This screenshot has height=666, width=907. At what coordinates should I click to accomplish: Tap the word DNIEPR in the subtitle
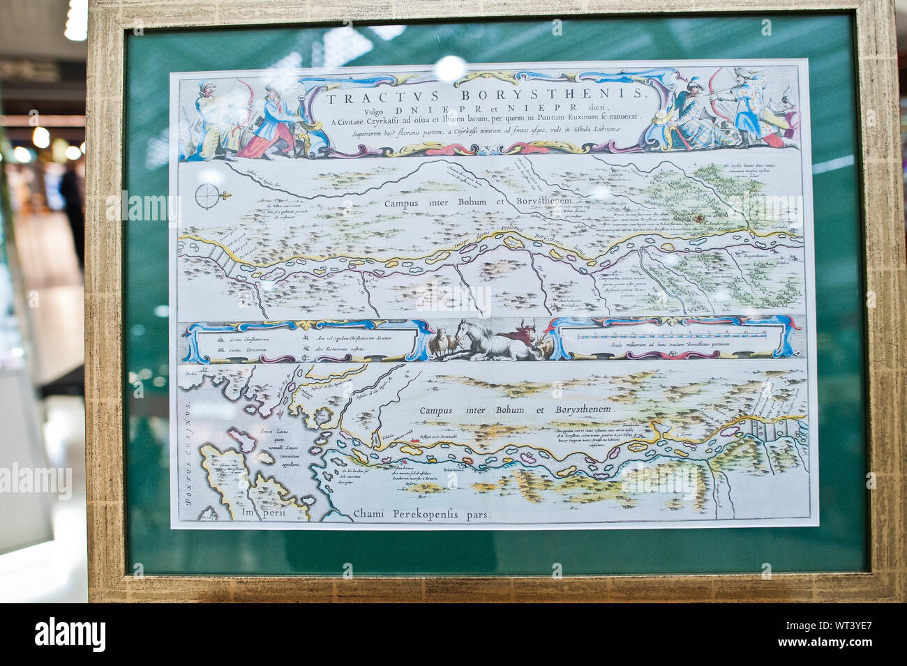417,109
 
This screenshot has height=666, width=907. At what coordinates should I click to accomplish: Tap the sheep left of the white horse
442,344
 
